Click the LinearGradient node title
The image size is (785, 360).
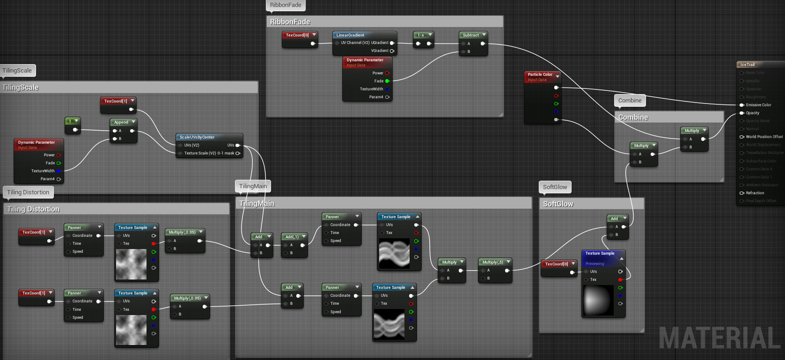coord(350,35)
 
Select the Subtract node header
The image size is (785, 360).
coord(471,35)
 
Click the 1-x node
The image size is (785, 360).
coord(421,35)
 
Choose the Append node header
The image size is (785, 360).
coord(121,122)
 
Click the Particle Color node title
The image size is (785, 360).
coord(540,74)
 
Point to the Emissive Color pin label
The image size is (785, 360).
coord(758,105)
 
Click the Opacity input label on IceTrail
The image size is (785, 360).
coord(753,113)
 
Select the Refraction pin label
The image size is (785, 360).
coord(755,193)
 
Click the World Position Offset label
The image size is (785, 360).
coord(764,137)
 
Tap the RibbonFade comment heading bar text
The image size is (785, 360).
coord(290,22)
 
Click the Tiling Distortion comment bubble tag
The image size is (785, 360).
coord(28,192)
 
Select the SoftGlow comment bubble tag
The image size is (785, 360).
coord(555,187)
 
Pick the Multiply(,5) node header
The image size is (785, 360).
coord(492,262)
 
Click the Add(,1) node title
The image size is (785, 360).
coord(292,237)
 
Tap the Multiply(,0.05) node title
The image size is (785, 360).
coord(182,232)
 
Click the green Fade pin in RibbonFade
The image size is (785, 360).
coord(387,81)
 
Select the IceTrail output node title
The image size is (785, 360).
coord(748,65)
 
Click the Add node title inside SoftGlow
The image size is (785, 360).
coord(614,219)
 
